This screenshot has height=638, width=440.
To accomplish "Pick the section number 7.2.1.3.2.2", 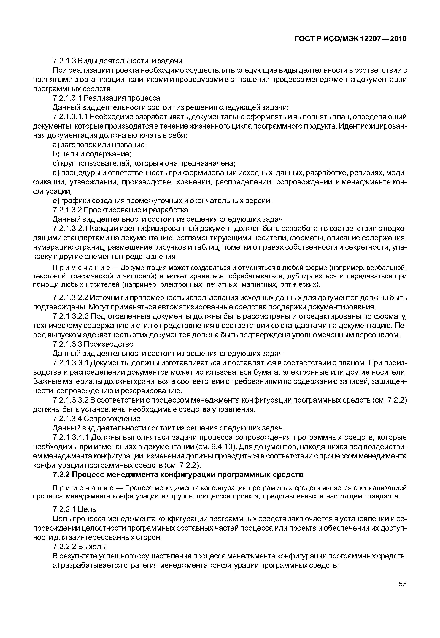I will pyautogui.click(x=70, y=298).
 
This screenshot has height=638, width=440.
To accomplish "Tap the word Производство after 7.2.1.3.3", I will pyautogui.click(x=108, y=344).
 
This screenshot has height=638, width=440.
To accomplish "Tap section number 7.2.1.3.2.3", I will pyautogui.click(x=70, y=316).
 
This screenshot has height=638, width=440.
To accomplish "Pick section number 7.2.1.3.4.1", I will pyautogui.click(x=70, y=438).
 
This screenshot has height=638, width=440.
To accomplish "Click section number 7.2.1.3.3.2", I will pyautogui.click(x=70, y=400).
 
